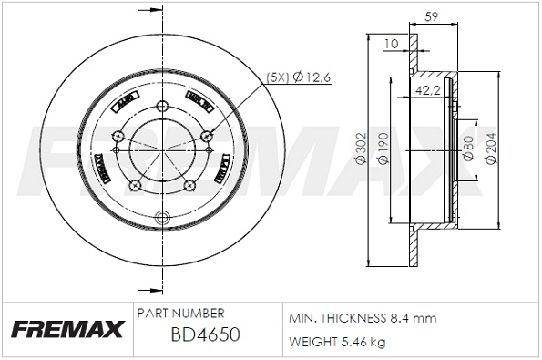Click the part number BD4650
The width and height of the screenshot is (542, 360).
[205, 334]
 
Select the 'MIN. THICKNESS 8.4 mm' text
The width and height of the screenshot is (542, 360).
[363, 318]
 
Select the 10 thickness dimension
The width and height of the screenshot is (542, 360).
[391, 43]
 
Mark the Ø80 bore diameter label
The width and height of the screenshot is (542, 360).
[467, 149]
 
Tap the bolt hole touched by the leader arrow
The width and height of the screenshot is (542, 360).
[208, 136]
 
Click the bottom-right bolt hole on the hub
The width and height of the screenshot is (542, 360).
[189, 186]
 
